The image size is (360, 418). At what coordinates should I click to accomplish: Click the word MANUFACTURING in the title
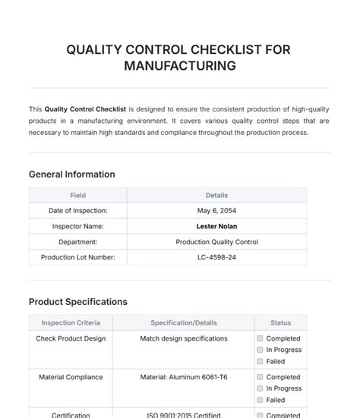pyautogui.click(x=179, y=66)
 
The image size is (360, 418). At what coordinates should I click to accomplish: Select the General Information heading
pyautogui.click(x=72, y=174)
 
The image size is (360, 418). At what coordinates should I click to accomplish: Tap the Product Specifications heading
pyautogui.click(x=78, y=302)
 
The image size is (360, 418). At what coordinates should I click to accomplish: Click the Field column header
pyautogui.click(x=77, y=195)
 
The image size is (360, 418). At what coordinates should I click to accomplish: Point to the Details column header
pyautogui.click(x=216, y=195)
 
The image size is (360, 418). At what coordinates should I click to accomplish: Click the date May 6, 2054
pyautogui.click(x=216, y=210)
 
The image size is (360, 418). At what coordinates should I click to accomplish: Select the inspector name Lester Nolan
pyautogui.click(x=216, y=226)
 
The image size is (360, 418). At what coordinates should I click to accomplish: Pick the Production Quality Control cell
pyautogui.click(x=216, y=242)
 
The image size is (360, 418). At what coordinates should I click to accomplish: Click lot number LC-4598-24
pyautogui.click(x=216, y=258)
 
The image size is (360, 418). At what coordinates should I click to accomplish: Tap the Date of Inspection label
pyautogui.click(x=77, y=210)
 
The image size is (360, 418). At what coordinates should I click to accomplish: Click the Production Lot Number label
pyautogui.click(x=77, y=258)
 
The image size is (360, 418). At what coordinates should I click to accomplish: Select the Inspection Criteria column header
pyautogui.click(x=71, y=322)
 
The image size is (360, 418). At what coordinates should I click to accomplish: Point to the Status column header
pyautogui.click(x=280, y=322)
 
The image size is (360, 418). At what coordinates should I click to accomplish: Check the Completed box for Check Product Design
pyautogui.click(x=260, y=338)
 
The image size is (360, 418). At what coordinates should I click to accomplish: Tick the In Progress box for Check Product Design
pyautogui.click(x=260, y=350)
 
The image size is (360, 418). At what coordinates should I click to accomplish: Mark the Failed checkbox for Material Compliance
pyautogui.click(x=260, y=400)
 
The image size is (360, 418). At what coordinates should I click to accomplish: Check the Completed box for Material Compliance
pyautogui.click(x=260, y=377)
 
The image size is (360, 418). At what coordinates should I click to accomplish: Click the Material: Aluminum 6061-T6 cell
pyautogui.click(x=183, y=377)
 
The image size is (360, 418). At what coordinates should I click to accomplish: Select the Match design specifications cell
pyautogui.click(x=183, y=338)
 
